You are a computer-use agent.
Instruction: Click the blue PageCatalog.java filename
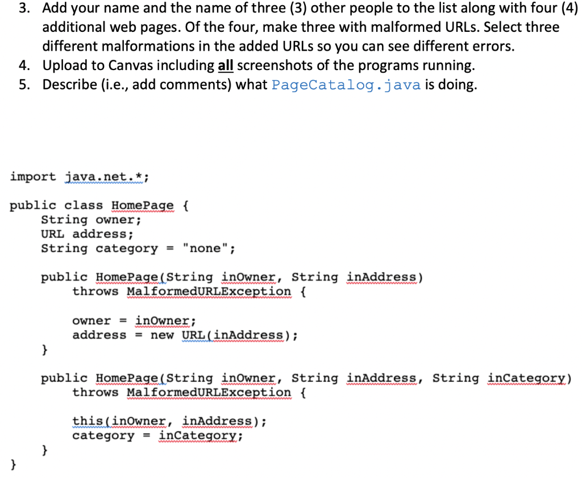[x=346, y=85]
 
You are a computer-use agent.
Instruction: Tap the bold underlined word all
[x=226, y=66]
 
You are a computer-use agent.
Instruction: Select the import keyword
[x=33, y=177]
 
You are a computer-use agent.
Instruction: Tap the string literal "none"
[x=206, y=249]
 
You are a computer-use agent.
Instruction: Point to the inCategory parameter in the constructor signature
[x=529, y=378]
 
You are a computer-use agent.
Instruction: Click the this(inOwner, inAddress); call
[x=169, y=422]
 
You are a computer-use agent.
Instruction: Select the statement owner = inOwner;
[x=134, y=320]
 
